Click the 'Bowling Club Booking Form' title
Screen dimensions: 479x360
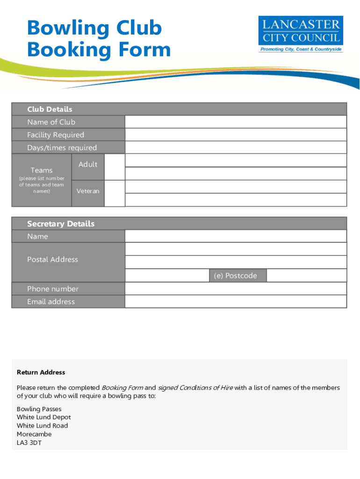[x=99, y=39]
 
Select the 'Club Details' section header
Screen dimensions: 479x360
[x=50, y=109]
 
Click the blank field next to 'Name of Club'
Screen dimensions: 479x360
[x=235, y=122]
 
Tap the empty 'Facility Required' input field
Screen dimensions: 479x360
[x=235, y=135]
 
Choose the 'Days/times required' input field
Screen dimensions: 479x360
[x=235, y=147]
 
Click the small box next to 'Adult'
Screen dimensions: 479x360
[x=114, y=167]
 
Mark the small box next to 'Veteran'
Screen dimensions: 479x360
[x=114, y=193]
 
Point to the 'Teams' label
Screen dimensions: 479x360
[x=42, y=170]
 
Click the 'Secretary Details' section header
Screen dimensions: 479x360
[x=61, y=224]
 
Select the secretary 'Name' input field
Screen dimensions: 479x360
[x=235, y=236]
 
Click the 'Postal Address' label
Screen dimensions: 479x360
[x=52, y=259]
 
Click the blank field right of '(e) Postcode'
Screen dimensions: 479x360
[x=306, y=276]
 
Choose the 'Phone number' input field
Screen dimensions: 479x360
[x=235, y=289]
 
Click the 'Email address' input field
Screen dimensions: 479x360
[x=235, y=301]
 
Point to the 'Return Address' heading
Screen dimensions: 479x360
[x=41, y=372]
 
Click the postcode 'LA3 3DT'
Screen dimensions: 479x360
[x=29, y=443]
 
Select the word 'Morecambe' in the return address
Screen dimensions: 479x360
[x=34, y=434]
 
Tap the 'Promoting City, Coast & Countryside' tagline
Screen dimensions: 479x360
[x=301, y=49]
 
